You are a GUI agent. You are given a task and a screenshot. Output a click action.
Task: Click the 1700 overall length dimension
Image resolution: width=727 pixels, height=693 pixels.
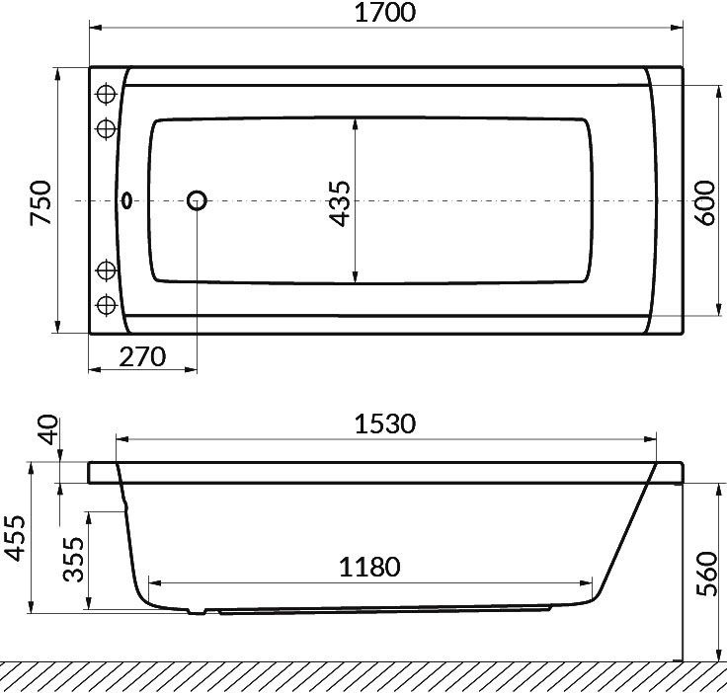pyautogui.click(x=385, y=13)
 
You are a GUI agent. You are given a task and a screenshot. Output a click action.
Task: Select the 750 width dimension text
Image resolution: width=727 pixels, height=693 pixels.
pyautogui.click(x=40, y=203)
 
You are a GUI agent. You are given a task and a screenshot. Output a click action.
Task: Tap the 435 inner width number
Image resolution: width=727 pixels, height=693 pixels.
pyautogui.click(x=339, y=203)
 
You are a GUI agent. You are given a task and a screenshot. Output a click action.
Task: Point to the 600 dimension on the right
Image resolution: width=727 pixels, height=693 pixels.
pyautogui.click(x=705, y=203)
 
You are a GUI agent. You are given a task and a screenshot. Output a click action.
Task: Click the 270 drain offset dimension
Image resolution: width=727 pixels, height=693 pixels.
pyautogui.click(x=142, y=356)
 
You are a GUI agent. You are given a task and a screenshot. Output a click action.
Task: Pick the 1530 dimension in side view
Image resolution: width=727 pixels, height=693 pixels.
pyautogui.click(x=385, y=423)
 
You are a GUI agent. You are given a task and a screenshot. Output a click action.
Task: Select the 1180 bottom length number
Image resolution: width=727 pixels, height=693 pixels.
pyautogui.click(x=369, y=567)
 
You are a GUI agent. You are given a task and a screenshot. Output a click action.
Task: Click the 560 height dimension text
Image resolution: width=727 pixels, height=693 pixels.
pyautogui.click(x=707, y=574)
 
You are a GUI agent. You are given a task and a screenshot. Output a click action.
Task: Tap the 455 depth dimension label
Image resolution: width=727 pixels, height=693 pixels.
pyautogui.click(x=15, y=538)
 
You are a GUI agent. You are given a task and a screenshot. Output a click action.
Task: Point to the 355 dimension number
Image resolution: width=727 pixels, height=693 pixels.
pyautogui.click(x=74, y=559)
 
